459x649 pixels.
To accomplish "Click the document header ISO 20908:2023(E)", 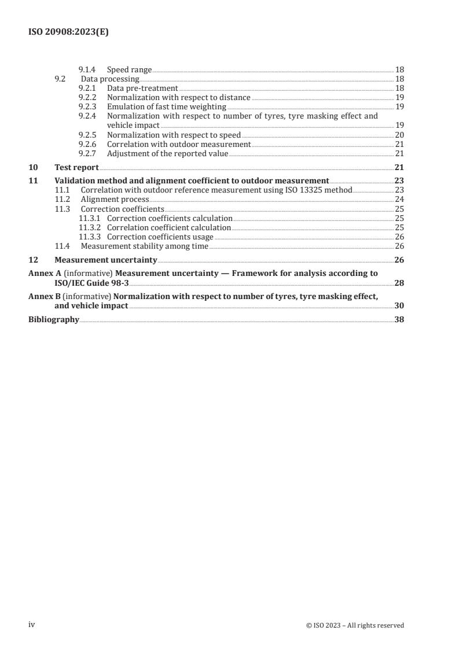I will pyautogui.click(x=68, y=32).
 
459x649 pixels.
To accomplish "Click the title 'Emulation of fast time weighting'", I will pyautogui.click(x=166, y=106).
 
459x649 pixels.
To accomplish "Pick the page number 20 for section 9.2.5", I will pyautogui.click(x=399, y=135).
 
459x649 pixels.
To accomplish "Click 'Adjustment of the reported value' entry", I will pyautogui.click(x=167, y=153).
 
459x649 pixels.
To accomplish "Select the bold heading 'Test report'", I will pyautogui.click(x=76, y=167).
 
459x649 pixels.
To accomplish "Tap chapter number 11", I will pyautogui.click(x=33, y=180).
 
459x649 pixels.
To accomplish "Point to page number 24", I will pyautogui.click(x=399, y=199).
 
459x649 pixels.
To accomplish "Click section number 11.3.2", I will pyautogui.click(x=89, y=227).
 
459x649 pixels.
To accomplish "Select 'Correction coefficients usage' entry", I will pyautogui.click(x=160, y=237).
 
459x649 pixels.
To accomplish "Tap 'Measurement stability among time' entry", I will pyautogui.click(x=144, y=246).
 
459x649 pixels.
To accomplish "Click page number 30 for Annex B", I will pyautogui.click(x=399, y=305).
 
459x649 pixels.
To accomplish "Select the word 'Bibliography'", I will pyautogui.click(x=54, y=319).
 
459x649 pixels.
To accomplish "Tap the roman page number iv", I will pyautogui.click(x=32, y=624).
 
